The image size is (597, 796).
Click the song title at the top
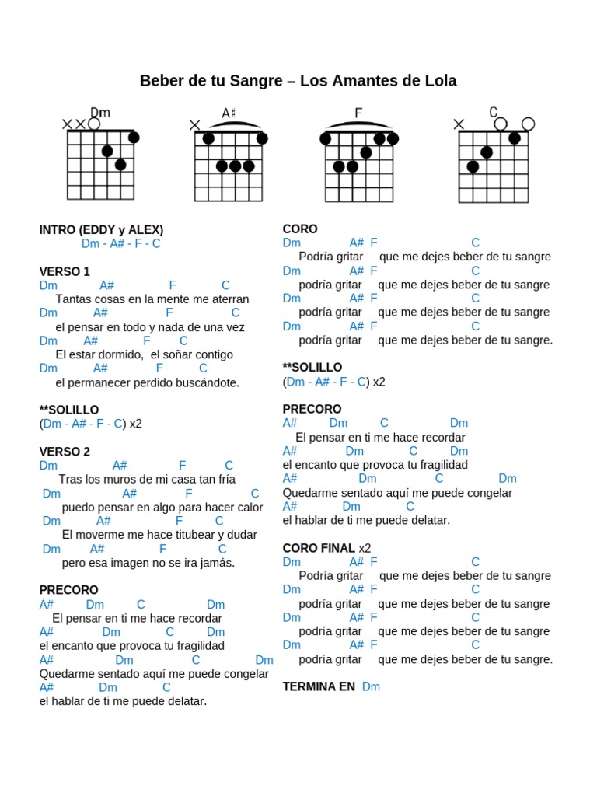coord(298,81)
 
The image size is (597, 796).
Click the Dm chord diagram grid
coord(100,165)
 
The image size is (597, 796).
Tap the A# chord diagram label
coord(229,113)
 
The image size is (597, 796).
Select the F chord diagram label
coord(358,113)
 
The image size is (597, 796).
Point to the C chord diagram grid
coord(493,166)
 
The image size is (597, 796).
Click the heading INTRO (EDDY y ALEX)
coord(101,230)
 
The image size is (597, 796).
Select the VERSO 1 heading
coord(65,272)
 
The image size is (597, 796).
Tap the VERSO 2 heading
coord(65,452)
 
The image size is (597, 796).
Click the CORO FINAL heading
coord(319,549)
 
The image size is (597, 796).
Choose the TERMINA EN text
coord(319,687)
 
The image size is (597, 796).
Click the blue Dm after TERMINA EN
coord(371,687)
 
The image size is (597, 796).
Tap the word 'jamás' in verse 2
coord(219,563)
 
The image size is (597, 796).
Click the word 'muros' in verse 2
coord(117,480)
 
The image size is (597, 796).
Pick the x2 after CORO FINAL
coord(365,549)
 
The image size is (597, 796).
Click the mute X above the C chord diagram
coord(459,124)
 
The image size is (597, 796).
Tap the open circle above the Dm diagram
coord(94,124)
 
